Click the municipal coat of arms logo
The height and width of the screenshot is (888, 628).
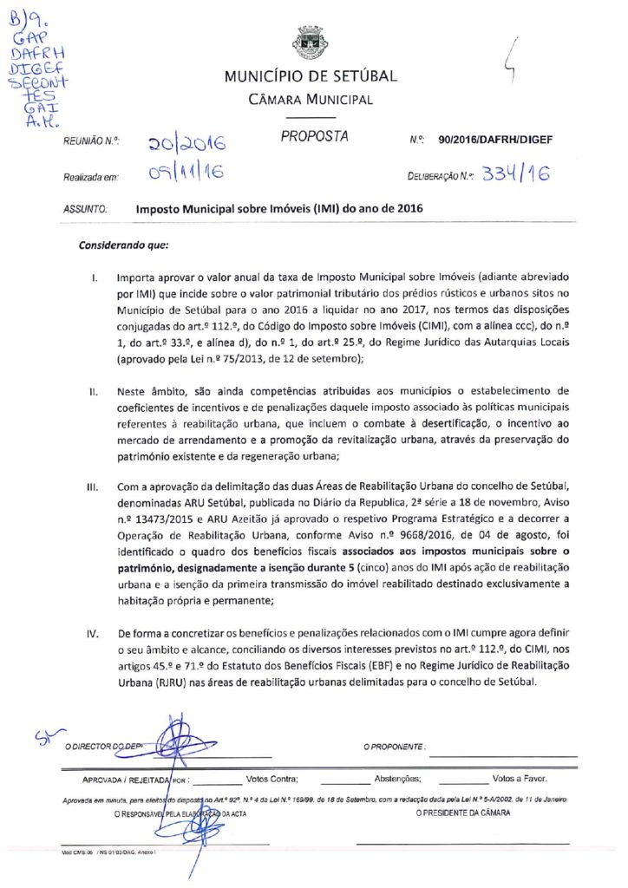pos(310,41)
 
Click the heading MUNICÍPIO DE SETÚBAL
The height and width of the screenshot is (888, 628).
pos(311,76)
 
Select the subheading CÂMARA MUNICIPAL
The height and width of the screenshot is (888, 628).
pos(311,99)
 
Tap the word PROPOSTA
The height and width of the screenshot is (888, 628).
pos(314,137)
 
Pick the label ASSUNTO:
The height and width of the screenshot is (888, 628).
pos(85,210)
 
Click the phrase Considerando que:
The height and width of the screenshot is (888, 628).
pos(123,245)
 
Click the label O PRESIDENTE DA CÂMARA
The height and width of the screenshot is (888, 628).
pos(463,814)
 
